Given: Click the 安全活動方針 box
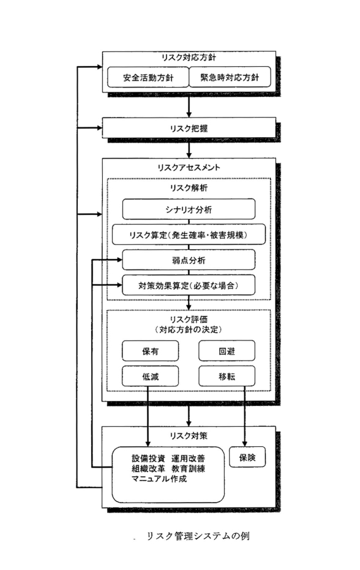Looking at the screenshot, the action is [x=148, y=77].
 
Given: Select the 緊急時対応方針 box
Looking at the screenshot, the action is [x=230, y=77].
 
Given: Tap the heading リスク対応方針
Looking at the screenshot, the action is [x=189, y=58].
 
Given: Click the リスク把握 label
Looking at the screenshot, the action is [x=189, y=129].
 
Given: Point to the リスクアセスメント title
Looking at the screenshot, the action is [x=189, y=168].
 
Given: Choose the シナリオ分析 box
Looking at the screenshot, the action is [x=189, y=209].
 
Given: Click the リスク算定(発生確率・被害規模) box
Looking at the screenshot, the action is [x=189, y=235].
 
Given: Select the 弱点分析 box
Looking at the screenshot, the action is [x=189, y=260].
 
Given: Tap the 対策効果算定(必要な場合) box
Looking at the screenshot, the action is [x=189, y=285].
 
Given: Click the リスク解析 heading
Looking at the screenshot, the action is [x=189, y=188].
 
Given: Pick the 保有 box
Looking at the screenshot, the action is [x=150, y=351].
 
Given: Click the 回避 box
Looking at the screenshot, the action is [x=227, y=351].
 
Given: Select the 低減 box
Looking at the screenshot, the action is [x=150, y=377].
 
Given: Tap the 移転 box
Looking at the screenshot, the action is [x=227, y=377].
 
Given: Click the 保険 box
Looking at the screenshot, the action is [x=247, y=457].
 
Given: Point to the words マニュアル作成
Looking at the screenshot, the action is [x=159, y=479].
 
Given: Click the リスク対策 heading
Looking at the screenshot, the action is [x=189, y=435].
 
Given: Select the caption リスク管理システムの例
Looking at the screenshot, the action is [x=198, y=536].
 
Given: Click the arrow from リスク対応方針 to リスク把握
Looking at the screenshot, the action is [x=189, y=106].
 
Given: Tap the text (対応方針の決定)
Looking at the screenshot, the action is [x=189, y=330].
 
